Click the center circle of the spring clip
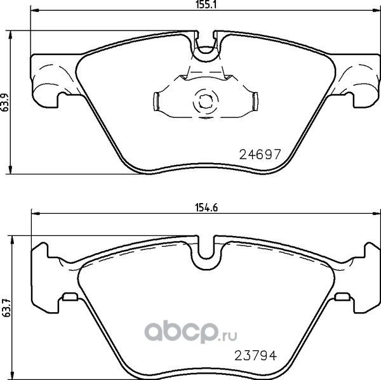point(205,100)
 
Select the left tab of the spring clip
point(159,100)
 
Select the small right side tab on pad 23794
point(342,296)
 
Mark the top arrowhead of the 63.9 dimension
point(13,34)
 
